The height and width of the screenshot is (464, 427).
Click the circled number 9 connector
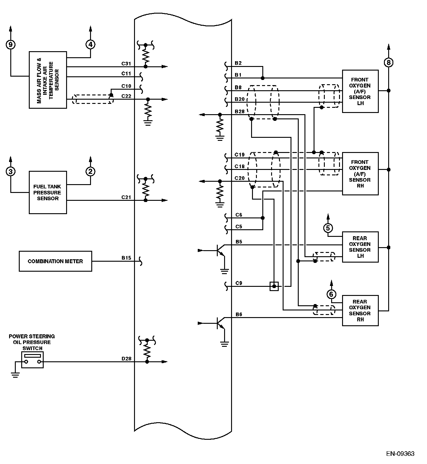11,45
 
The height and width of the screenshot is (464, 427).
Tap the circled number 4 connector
90,45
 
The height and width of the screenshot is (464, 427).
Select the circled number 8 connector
388,63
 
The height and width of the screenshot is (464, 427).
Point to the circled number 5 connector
328,228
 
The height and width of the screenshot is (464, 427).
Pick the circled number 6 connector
331,294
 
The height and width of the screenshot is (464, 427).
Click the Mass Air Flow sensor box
48,80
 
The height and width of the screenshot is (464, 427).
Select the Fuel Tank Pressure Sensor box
48,193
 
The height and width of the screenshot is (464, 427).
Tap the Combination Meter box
55,261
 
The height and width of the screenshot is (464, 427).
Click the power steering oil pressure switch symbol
32,360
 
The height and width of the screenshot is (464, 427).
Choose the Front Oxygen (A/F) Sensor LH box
360,91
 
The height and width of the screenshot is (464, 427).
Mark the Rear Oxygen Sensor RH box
360,310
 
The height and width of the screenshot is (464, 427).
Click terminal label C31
126,64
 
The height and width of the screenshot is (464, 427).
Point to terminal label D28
126,359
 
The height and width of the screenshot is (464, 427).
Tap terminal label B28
240,111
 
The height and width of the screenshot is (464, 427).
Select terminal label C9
239,283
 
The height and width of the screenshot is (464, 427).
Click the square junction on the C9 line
274,286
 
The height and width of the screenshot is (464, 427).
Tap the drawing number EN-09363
400,453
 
